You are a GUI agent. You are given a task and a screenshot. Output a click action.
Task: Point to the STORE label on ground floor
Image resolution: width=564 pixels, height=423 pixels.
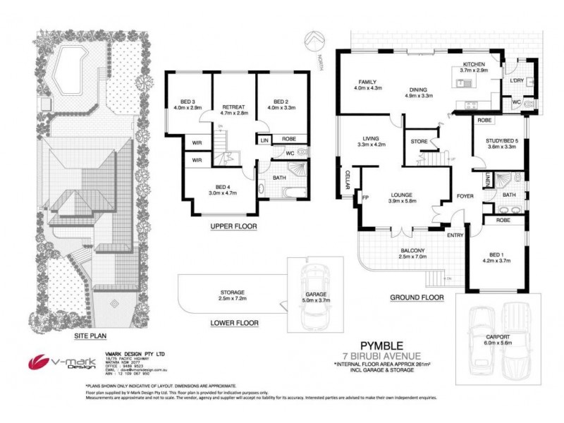click(419, 142)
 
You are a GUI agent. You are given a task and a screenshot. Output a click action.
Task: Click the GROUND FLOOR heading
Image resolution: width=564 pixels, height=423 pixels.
click(417, 298)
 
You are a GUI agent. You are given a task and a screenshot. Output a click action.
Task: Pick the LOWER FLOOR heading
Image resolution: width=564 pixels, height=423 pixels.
click(235, 323)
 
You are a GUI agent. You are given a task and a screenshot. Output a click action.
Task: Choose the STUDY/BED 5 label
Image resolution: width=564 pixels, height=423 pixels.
click(501, 140)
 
